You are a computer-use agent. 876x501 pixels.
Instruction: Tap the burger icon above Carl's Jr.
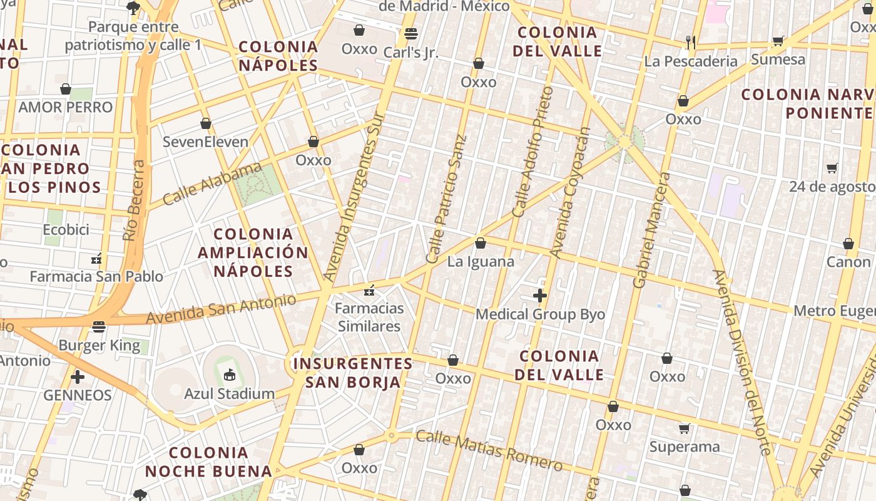pos(410,33)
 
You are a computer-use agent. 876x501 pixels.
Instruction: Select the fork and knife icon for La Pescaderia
pos(691,42)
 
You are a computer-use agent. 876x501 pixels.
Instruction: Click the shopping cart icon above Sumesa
pos(778,41)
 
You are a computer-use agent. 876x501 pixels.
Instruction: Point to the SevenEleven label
pos(205,142)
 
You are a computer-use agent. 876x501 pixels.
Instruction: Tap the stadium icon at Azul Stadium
pos(229,374)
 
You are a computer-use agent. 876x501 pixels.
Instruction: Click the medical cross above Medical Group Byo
pos(540,296)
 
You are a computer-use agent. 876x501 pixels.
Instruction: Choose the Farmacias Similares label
pos(369,317)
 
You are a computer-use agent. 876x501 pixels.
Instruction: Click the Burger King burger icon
pos(99,326)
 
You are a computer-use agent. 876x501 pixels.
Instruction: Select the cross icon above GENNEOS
pos(78,377)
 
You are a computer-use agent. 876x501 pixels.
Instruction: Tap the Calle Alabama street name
pos(212,184)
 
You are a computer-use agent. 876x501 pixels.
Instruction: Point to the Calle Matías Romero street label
pos(489,450)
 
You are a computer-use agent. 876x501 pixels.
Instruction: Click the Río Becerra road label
pos(134,200)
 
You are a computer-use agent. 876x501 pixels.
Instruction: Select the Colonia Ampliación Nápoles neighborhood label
pos(253,252)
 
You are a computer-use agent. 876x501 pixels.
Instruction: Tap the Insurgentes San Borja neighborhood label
pos(353,373)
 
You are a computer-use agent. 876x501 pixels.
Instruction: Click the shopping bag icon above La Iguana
pos(481,243)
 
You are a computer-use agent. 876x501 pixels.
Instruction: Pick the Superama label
pos(685,447)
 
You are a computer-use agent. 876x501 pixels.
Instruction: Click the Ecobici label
pos(66,230)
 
